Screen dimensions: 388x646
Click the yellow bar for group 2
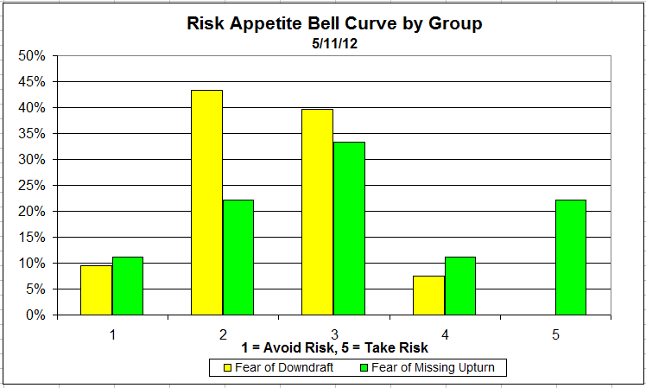point(206,202)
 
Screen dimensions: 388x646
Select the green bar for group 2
point(238,257)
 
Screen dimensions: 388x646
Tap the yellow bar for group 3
point(317,212)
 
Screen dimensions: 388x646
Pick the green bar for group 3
point(349,228)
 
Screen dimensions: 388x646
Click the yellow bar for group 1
point(96,289)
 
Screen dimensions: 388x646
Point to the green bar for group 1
point(128,285)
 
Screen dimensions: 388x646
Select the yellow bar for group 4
point(428,295)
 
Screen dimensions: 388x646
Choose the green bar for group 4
point(459,285)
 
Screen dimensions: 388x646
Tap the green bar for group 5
point(570,257)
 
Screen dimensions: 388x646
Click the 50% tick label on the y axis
point(32,56)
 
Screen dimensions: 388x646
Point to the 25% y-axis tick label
point(32,186)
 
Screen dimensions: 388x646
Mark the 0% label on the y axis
point(35,315)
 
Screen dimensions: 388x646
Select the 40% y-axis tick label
point(32,108)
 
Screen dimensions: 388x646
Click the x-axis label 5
point(555,333)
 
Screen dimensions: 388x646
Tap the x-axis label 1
point(112,333)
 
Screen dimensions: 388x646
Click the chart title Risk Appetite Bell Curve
point(334,23)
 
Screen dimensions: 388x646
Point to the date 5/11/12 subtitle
point(334,42)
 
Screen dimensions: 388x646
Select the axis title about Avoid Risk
point(334,348)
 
